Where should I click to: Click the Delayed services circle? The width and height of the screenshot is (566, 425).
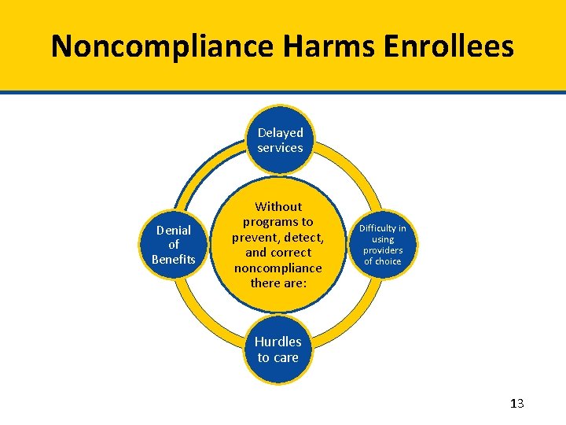280,140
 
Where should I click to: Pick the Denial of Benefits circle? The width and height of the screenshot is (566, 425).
173,245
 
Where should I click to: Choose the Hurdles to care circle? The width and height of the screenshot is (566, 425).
277,349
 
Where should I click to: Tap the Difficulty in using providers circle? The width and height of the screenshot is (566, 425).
383,245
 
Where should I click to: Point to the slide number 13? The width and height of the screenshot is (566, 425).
516,404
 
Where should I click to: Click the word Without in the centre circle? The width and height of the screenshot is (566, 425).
278,206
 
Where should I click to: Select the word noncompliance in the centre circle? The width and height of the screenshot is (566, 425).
277,268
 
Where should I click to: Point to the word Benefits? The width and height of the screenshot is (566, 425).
173,260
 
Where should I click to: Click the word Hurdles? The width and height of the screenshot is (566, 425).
277,342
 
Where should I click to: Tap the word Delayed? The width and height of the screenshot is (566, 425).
280,132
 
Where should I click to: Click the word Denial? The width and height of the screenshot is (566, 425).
173,230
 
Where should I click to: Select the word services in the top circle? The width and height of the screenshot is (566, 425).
280,148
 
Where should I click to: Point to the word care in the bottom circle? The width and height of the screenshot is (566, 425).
285,357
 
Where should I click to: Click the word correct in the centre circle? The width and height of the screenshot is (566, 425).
289,253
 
